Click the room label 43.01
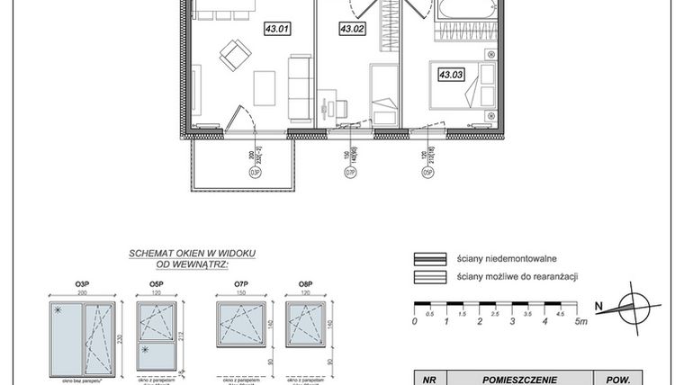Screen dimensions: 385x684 (276, 29)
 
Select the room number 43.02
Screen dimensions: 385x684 (351, 29)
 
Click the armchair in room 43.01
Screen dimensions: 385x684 (233, 57)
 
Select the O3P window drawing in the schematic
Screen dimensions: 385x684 (81, 334)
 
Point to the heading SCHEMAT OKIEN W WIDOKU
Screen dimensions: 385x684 (192, 254)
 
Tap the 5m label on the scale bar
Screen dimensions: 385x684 (584, 320)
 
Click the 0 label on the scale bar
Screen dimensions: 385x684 (415, 320)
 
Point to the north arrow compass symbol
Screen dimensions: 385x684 (634, 305)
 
